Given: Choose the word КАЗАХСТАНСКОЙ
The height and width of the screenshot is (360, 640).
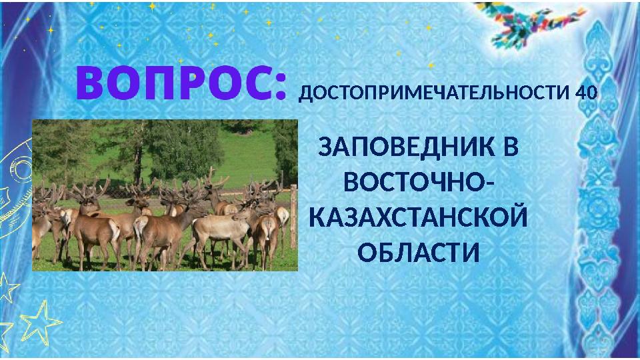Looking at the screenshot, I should click(419, 218).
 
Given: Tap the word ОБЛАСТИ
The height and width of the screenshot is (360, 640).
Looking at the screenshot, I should click(419, 253).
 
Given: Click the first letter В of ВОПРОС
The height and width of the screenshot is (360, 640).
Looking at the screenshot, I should click(91, 82).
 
